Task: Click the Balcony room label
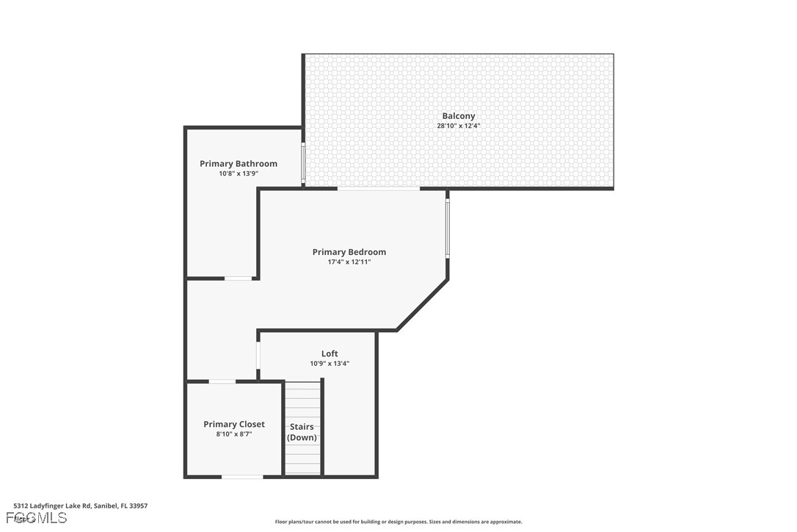pyautogui.click(x=458, y=116)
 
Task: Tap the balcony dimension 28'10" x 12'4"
pyautogui.click(x=458, y=126)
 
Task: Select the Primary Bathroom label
pyautogui.click(x=239, y=164)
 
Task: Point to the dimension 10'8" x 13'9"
pyautogui.click(x=239, y=173)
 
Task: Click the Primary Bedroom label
pyautogui.click(x=349, y=252)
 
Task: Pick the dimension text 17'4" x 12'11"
pyautogui.click(x=349, y=262)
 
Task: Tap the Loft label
pyautogui.click(x=330, y=353)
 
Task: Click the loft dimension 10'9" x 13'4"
pyautogui.click(x=330, y=363)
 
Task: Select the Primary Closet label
pyautogui.click(x=234, y=424)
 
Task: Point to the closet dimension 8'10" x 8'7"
pyautogui.click(x=234, y=434)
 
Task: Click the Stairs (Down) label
pyautogui.click(x=302, y=432)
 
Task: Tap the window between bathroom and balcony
pyautogui.click(x=303, y=162)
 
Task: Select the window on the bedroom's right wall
pyautogui.click(x=447, y=228)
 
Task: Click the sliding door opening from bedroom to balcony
pyautogui.click(x=379, y=189)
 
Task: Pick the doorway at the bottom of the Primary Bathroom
pyautogui.click(x=239, y=278)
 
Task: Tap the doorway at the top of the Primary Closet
pyautogui.click(x=222, y=381)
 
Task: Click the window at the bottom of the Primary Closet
pyautogui.click(x=242, y=477)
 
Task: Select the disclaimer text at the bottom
pyautogui.click(x=398, y=522)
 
